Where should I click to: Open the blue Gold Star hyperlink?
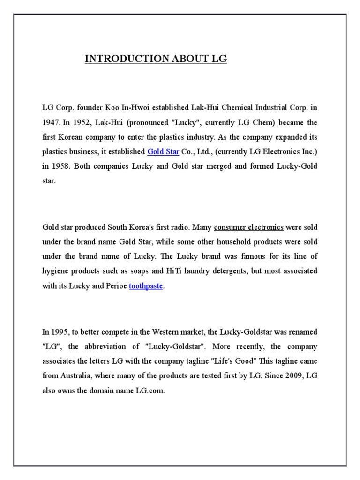[x=163, y=151]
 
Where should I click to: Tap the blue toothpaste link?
[x=146, y=286]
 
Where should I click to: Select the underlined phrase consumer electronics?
[x=248, y=227]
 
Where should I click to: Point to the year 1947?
[x=50, y=122]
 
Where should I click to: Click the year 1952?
[x=81, y=122]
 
